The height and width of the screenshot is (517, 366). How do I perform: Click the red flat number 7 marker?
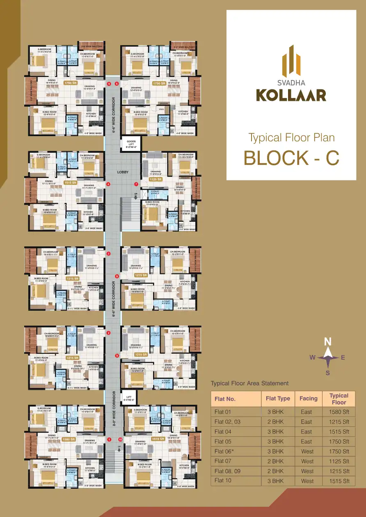pyautogui.click(x=136, y=184)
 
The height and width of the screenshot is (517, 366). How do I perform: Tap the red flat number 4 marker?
pyautogui.click(x=108, y=184)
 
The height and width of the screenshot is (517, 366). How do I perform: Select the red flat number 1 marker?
pyautogui.click(x=109, y=440)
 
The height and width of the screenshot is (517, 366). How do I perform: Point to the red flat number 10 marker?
pyautogui.click(x=120, y=440)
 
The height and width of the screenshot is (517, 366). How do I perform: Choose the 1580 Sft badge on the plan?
pyautogui.click(x=69, y=439)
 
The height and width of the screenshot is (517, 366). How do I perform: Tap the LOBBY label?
pyautogui.click(x=123, y=172)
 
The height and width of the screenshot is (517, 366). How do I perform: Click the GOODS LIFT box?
pyautogui.click(x=131, y=143)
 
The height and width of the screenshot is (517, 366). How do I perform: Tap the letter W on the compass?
pyautogui.click(x=312, y=358)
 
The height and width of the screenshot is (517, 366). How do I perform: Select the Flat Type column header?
pyautogui.click(x=278, y=398)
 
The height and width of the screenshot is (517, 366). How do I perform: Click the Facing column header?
pyautogui.click(x=308, y=398)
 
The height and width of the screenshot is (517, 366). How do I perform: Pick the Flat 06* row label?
pyautogui.click(x=225, y=451)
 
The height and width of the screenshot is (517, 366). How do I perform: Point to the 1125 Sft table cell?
pyautogui.click(x=339, y=461)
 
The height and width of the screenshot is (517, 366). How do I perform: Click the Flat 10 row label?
pyautogui.click(x=223, y=481)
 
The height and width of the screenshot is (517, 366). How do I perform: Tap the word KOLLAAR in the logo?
pyautogui.click(x=291, y=95)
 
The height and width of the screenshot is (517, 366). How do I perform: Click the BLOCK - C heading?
pyautogui.click(x=291, y=158)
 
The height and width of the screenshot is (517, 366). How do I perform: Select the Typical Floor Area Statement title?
pyautogui.click(x=249, y=383)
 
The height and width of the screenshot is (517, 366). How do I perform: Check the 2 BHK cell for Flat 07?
pyautogui.click(x=278, y=461)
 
